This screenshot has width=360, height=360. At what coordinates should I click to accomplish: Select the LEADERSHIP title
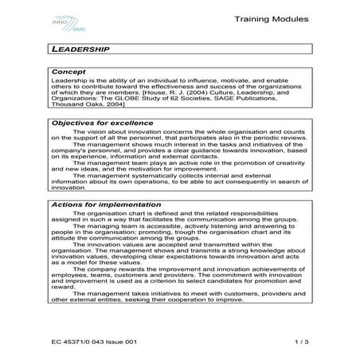click(80, 49)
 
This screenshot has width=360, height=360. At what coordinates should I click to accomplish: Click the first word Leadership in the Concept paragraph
click(68, 82)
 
